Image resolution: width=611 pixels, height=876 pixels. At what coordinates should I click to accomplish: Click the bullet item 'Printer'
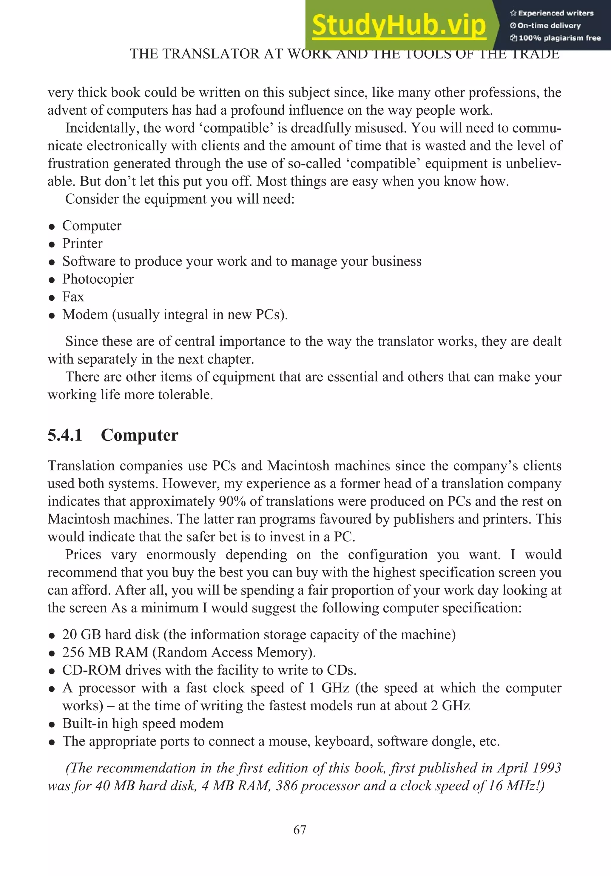click(82, 243)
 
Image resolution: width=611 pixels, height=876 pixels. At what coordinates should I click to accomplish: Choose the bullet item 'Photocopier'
click(98, 279)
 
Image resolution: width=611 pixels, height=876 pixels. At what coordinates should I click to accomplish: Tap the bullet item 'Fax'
click(73, 297)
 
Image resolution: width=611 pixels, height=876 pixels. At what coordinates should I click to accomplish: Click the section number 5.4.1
click(65, 435)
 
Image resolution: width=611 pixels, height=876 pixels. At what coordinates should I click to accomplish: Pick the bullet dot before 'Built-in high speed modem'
click(52, 724)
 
